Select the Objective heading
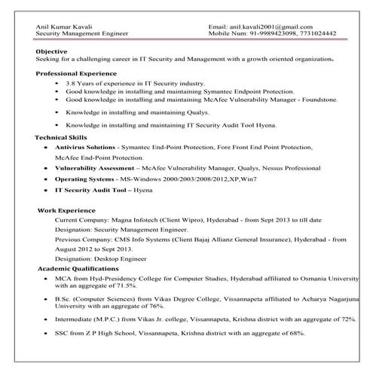(50, 51)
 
